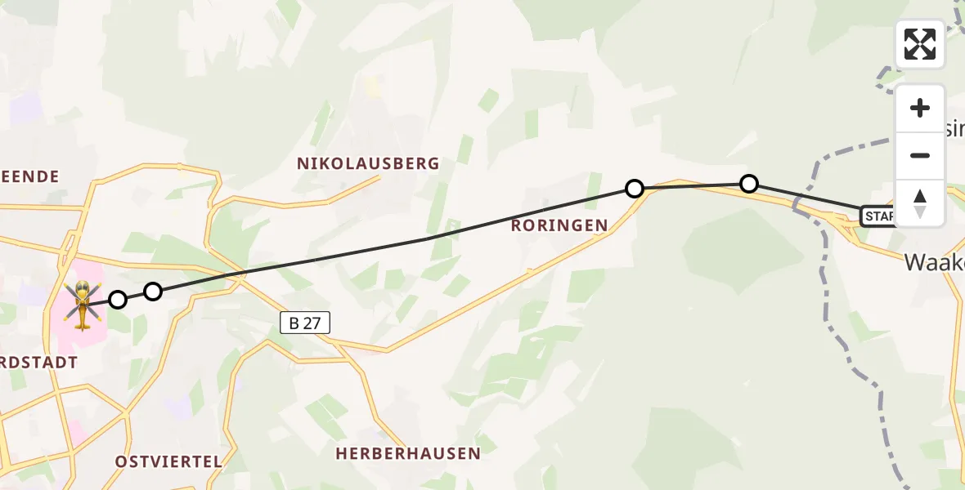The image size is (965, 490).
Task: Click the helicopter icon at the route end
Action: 83,304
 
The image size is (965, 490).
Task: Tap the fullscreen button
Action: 920,44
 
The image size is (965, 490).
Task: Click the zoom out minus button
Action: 920,155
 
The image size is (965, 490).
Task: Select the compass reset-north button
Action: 920,203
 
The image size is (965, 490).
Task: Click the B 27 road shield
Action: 305,323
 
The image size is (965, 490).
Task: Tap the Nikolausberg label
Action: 368,163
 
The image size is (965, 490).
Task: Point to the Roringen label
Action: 559,225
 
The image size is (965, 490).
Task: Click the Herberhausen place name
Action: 408,453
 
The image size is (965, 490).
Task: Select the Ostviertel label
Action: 168,461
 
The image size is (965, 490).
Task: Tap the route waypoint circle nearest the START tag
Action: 749,184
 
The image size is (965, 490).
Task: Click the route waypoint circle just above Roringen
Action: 635,189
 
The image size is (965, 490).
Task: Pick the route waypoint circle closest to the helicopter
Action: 118,300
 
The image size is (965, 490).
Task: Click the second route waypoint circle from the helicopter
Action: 153,292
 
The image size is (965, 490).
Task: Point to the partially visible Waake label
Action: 934,262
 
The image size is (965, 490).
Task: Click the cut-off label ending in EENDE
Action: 30,176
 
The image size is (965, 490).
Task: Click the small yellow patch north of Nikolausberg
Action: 373,86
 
